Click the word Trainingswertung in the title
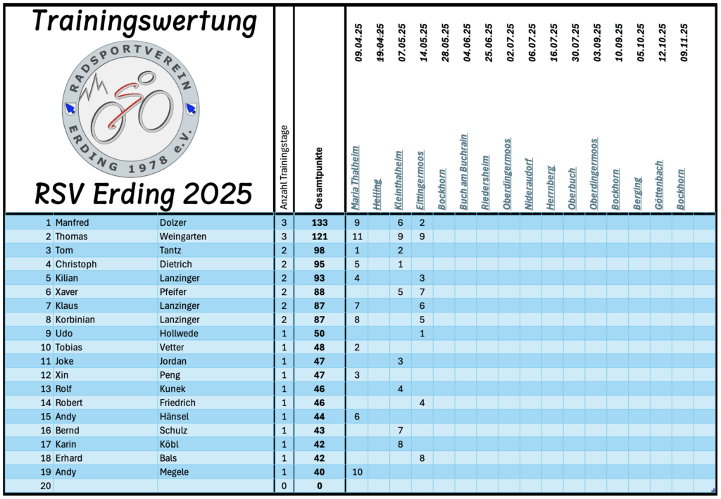[144, 23]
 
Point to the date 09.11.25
[684, 44]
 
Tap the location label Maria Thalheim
[356, 178]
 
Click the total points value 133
[319, 223]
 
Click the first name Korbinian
[75, 320]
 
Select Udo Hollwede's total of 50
[319, 334]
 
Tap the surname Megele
[174, 472]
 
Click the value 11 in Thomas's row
[357, 236]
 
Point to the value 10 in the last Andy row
[357, 472]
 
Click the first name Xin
[63, 375]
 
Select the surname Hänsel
[175, 417]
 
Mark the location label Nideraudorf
[529, 184]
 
